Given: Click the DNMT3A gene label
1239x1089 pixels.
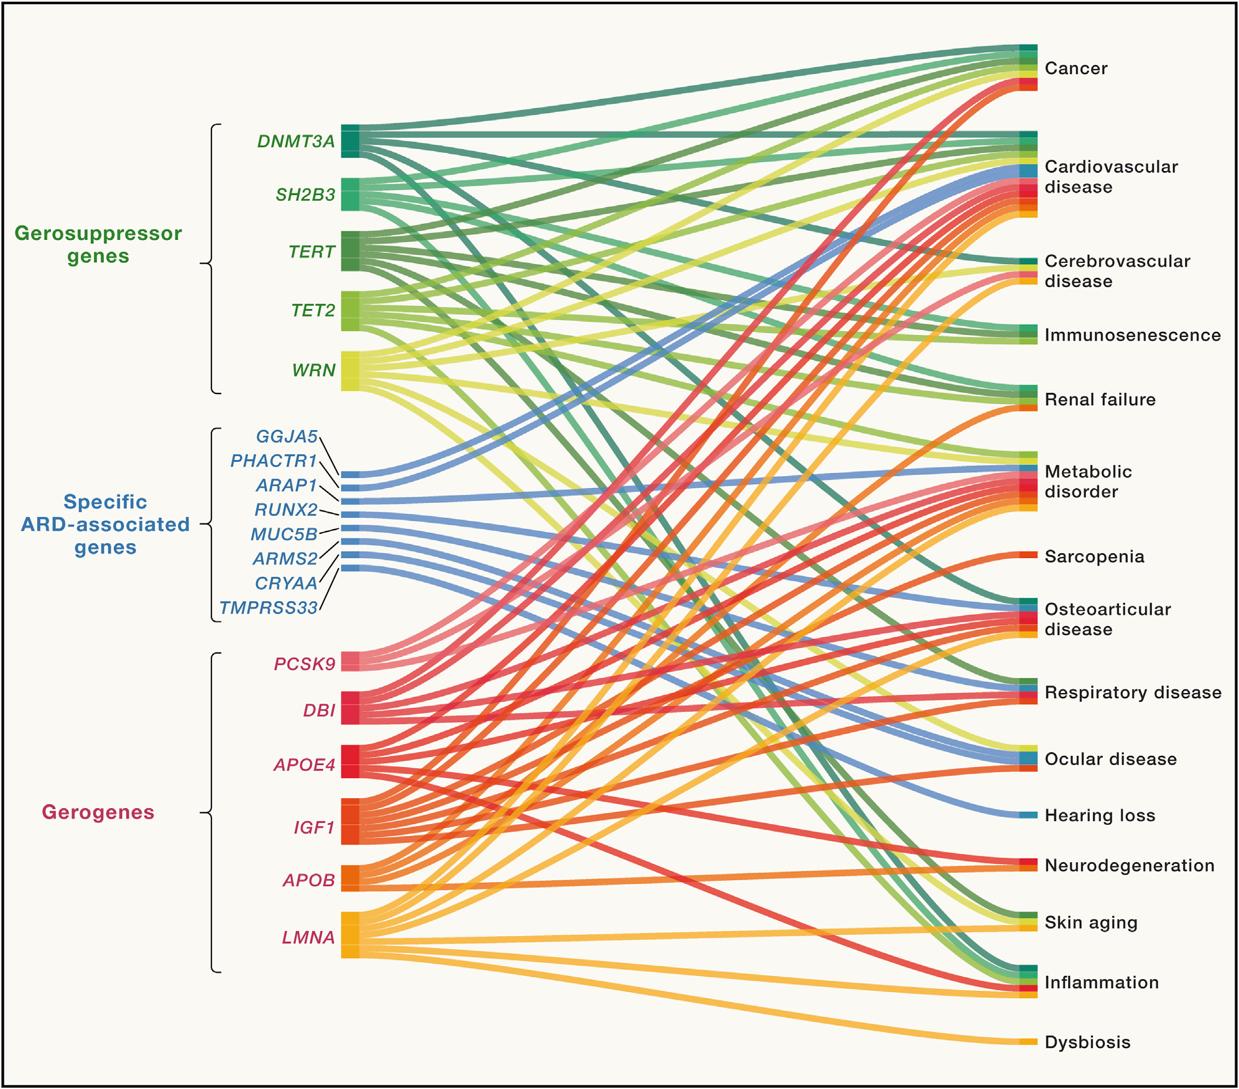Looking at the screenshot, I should click(x=296, y=142).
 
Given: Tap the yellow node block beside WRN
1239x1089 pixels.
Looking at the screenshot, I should click(x=350, y=371).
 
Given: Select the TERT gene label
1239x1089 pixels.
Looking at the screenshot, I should click(x=311, y=252).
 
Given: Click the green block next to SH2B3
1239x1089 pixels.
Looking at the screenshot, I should click(x=350, y=195).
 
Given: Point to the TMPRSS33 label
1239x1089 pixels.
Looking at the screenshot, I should click(x=269, y=608).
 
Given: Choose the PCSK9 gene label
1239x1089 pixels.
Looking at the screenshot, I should click(x=305, y=664).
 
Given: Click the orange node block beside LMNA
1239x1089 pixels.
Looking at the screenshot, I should click(x=350, y=935).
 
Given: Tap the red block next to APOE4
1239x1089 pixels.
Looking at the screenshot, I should click(x=350, y=761).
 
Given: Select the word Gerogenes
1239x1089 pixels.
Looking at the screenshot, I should click(x=98, y=812).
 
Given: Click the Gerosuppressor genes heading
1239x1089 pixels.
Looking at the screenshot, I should click(x=98, y=244).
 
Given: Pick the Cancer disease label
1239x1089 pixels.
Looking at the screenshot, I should click(x=1075, y=68).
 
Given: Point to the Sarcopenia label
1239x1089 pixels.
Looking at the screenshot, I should click(x=1094, y=556).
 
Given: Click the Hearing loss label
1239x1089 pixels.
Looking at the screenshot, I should click(x=1100, y=816).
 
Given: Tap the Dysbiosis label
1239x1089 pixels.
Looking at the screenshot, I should click(x=1087, y=1042).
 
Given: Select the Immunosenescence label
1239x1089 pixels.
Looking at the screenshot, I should click(x=1132, y=335).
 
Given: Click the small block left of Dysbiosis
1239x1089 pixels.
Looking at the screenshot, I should click(x=1028, y=1042).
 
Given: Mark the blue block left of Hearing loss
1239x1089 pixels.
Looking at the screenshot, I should click(x=1028, y=815).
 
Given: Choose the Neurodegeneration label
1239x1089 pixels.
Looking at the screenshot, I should click(x=1129, y=865).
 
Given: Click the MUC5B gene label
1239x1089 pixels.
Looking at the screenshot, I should click(x=284, y=535).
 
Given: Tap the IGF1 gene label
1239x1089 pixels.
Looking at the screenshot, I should click(x=314, y=827).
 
